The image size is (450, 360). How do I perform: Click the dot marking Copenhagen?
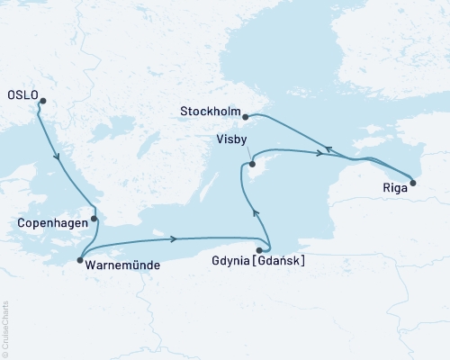click(94, 218)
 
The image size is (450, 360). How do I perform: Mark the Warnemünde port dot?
click(81, 258)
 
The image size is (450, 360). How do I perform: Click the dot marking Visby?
click(253, 164)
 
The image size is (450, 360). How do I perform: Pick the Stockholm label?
click(205, 112)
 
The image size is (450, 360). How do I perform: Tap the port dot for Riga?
click(412, 183)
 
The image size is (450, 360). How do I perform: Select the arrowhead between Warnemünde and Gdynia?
click(172, 238)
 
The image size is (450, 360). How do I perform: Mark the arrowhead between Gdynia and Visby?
click(255, 214)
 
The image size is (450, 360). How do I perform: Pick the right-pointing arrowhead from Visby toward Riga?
click(319, 153)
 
